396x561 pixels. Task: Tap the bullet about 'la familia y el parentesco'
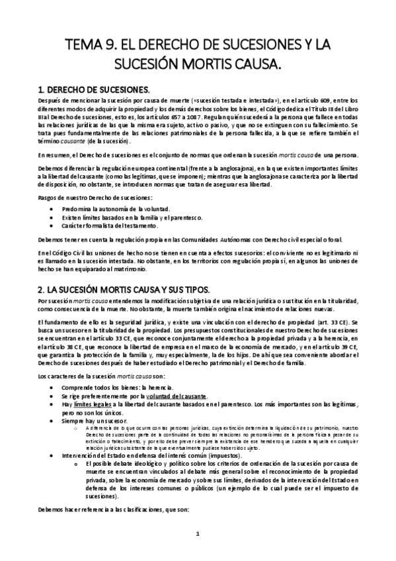[x=132, y=216]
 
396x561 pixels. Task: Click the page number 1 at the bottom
[x=198, y=533]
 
